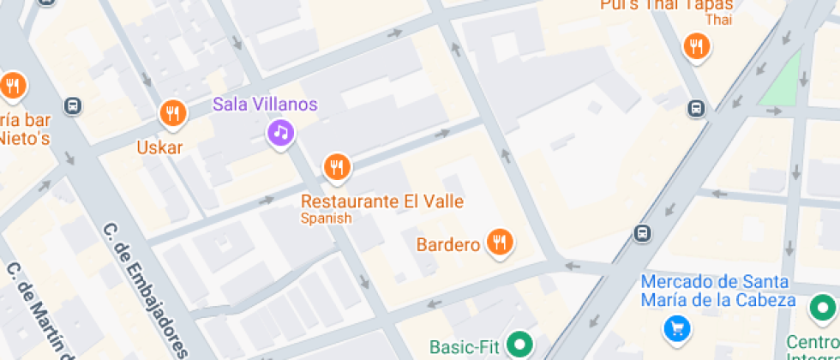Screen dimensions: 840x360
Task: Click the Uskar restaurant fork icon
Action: pos(173,112)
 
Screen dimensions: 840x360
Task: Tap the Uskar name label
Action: pos(159,147)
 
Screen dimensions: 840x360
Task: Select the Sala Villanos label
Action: pos(265,105)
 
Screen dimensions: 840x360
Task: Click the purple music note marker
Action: pos(280,132)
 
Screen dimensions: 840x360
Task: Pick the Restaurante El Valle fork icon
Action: pos(337,167)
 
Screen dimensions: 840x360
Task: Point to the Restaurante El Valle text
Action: pos(381,202)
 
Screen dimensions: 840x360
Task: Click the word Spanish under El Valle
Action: pos(326,219)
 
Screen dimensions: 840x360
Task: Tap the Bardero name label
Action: pos(447,245)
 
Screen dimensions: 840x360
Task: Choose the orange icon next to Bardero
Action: pos(499,243)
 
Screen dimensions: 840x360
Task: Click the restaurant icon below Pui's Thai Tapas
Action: pos(697,46)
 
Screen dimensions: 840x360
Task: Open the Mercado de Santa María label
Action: pos(718,291)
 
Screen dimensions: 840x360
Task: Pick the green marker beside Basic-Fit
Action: pos(517,345)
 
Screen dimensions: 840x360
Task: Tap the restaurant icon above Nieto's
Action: pos(13,85)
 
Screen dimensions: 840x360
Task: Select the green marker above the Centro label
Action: pos(824,307)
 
